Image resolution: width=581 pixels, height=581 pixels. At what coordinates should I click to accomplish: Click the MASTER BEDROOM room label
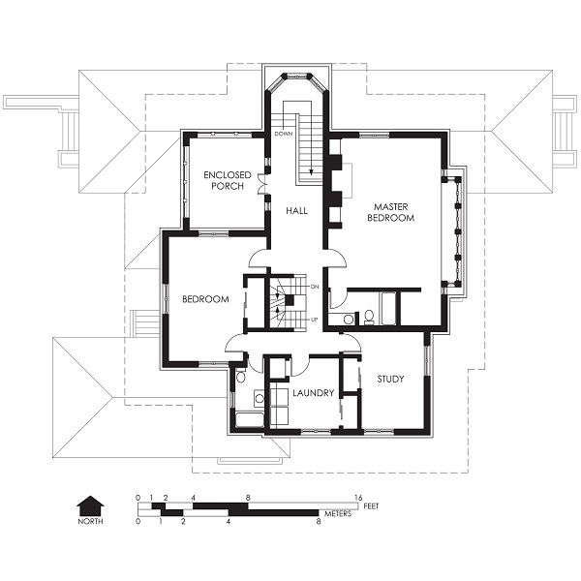click(x=391, y=212)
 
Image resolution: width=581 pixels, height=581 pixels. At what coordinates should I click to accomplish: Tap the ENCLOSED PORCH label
click(x=228, y=180)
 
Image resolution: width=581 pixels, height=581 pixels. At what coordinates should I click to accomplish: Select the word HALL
click(x=296, y=211)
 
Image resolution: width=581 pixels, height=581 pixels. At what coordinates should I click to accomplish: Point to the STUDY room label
click(x=390, y=379)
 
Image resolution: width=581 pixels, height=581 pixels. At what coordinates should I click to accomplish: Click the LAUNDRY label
click(x=314, y=393)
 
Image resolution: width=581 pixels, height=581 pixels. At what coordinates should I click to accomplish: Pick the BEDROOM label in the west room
click(x=205, y=299)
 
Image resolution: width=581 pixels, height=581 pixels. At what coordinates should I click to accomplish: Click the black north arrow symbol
click(x=90, y=505)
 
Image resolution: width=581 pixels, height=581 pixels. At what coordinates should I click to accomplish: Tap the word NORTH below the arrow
click(x=90, y=521)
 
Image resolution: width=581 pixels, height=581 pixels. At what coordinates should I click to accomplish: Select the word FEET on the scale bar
click(x=371, y=505)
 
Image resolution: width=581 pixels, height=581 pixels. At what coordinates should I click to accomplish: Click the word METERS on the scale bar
click(x=338, y=514)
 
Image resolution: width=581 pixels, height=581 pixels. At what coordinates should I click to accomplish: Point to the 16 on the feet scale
click(x=358, y=498)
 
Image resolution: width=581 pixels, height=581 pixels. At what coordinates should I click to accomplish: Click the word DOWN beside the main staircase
click(x=284, y=134)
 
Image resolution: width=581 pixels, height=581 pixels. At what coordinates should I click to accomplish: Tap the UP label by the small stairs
click(x=314, y=319)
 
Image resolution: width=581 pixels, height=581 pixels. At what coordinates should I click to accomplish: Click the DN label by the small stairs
click(x=315, y=287)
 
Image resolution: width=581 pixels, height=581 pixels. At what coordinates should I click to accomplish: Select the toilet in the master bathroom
click(x=370, y=317)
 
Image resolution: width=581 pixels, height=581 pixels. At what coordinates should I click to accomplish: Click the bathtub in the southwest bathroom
click(x=250, y=419)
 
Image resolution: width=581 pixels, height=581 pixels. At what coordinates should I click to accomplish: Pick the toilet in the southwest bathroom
click(x=240, y=376)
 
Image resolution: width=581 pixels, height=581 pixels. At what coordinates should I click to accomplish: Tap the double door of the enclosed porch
click(x=263, y=184)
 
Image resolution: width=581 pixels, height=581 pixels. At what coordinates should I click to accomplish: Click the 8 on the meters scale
click(x=319, y=522)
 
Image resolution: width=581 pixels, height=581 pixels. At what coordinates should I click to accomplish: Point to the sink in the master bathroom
click(x=348, y=319)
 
